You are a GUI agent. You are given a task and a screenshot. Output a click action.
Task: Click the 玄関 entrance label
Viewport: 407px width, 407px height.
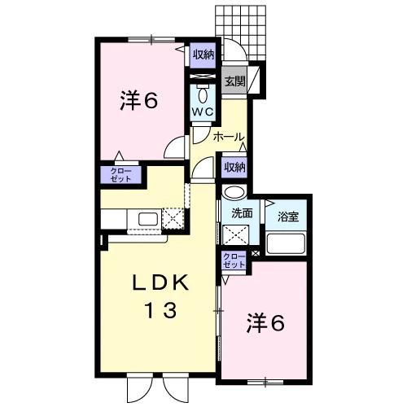pos(234,81)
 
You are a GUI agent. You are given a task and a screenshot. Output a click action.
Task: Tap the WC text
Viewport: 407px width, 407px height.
pos(203,112)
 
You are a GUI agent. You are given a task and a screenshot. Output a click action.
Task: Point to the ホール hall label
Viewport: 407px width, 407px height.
pos(229,138)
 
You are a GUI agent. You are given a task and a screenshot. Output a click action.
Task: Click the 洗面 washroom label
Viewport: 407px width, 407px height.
pos(242,214)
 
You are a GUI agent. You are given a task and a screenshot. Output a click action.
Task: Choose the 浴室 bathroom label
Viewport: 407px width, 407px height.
pos(287,217)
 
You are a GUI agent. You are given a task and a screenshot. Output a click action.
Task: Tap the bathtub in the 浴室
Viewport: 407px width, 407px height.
pos(286,243)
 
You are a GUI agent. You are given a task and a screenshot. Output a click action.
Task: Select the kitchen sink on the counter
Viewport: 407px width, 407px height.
pos(147,219)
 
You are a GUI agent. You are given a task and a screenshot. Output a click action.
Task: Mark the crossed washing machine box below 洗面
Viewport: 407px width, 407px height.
pos(240,238)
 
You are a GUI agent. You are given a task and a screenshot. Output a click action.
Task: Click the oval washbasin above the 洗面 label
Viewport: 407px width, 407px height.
pos(234,194)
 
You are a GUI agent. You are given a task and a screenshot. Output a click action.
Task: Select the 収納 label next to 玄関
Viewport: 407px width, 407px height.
pos(203,55)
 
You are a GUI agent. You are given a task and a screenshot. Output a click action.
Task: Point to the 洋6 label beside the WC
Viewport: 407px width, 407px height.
pos(138,103)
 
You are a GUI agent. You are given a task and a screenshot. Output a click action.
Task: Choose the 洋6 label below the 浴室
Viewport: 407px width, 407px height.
pos(265,324)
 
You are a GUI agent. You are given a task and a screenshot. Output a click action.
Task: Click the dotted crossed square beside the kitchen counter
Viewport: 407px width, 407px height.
pos(173,218)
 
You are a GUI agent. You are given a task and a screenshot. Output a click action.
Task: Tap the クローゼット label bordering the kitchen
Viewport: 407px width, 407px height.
pos(119,173)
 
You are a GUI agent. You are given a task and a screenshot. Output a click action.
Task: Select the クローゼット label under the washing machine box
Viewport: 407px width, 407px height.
pos(234,261)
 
